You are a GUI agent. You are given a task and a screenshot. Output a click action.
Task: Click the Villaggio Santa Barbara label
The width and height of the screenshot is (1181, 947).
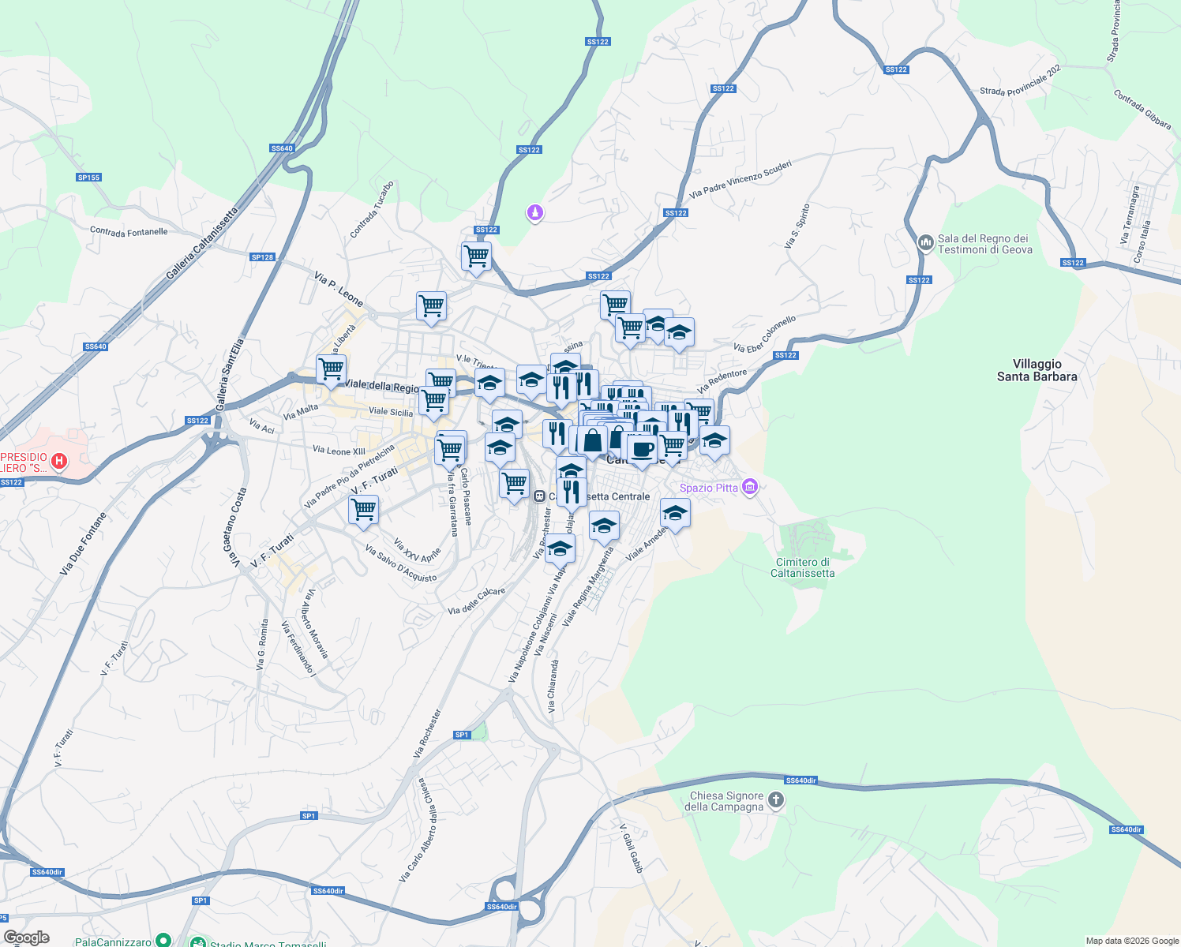pos(1037,370)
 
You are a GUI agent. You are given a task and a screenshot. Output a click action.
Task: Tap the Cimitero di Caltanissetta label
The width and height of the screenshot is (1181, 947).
pos(802,567)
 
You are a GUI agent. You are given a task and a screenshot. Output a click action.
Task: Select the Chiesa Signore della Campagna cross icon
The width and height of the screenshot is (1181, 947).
pos(776,801)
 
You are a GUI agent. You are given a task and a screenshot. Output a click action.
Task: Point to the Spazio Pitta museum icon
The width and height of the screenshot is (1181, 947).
pos(750,487)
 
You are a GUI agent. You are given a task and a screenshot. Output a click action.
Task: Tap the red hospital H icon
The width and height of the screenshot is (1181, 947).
pos(58,461)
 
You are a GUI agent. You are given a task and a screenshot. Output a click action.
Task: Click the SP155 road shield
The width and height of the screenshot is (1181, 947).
pos(88,178)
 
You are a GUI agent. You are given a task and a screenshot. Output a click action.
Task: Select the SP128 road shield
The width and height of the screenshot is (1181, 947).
pos(262,257)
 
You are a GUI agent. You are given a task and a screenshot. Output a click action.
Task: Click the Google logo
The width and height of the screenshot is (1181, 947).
pos(26,938)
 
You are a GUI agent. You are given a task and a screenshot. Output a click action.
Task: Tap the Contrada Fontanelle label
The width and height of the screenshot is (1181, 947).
pos(129,232)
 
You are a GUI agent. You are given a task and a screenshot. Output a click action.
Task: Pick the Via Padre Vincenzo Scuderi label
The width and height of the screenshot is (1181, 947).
pos(740,179)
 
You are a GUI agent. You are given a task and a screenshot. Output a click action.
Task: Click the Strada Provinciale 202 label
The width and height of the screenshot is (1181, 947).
pos(1020,80)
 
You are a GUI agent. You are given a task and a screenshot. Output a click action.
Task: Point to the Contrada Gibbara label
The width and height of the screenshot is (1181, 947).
pos(1142,110)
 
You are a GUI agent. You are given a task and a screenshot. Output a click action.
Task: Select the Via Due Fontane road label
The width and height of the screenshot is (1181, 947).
pos(82,543)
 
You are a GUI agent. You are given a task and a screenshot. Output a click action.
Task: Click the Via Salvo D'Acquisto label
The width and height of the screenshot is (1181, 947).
pos(401,563)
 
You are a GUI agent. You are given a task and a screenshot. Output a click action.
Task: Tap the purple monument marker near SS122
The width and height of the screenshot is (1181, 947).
pos(535,213)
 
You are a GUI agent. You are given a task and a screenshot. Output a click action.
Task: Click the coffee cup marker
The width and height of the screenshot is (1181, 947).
pos(643,449)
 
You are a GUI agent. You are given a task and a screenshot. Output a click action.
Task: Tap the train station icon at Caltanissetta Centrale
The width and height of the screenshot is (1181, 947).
pos(539,496)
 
